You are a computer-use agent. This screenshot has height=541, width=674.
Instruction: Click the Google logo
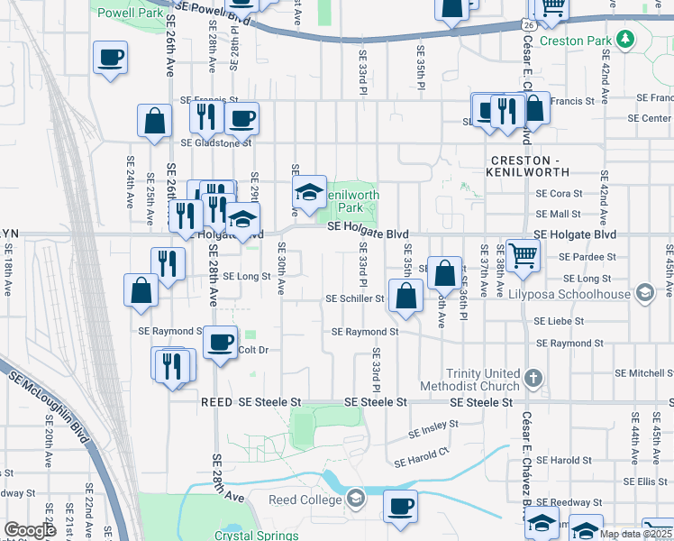point(30,530)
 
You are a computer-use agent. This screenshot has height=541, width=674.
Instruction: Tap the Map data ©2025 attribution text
point(634,534)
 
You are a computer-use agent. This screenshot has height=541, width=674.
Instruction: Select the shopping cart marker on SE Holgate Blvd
point(523,255)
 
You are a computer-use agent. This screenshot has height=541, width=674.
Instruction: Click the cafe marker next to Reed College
point(400,506)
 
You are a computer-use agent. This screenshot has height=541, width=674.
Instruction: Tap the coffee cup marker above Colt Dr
point(220,343)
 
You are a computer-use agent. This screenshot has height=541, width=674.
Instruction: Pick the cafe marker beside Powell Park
point(111,58)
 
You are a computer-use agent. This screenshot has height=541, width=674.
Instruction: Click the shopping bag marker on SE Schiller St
point(406,296)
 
